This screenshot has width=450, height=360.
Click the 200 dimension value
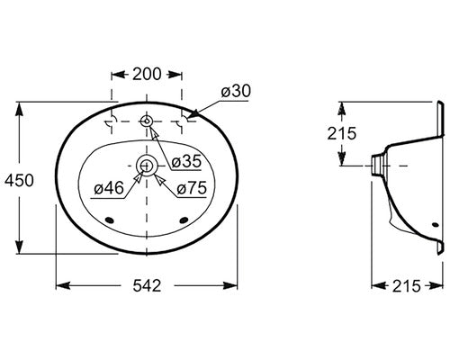click(x=147, y=74)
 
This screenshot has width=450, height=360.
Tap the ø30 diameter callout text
click(x=236, y=91)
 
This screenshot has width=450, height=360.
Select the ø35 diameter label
click(x=186, y=161)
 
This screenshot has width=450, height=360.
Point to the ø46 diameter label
click(x=109, y=188)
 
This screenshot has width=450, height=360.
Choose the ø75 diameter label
click(x=192, y=188)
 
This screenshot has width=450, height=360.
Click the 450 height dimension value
click(x=19, y=181)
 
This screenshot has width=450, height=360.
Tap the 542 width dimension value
click(x=147, y=285)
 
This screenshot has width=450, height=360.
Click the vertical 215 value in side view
click(x=341, y=133)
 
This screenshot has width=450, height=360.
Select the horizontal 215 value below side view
click(x=407, y=286)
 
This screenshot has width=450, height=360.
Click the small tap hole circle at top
click(x=147, y=121)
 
